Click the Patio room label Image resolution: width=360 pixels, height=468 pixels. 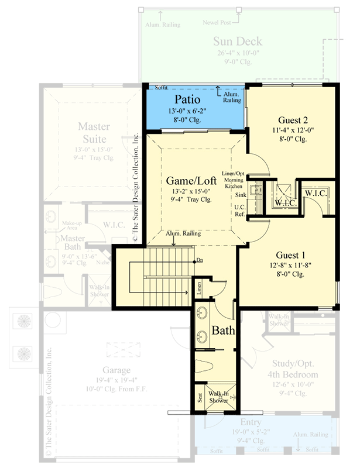pyautogui.click(x=184, y=100)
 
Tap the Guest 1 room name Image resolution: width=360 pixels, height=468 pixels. pyautogui.click(x=290, y=255)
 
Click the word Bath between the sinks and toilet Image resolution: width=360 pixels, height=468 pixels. pyautogui.click(x=223, y=331)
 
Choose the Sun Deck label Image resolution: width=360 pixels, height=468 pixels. pyautogui.click(x=237, y=42)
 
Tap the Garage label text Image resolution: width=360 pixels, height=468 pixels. pyautogui.click(x=115, y=370)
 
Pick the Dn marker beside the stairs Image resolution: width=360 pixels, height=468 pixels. pyautogui.click(x=200, y=260)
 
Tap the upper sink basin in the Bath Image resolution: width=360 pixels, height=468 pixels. pyautogui.click(x=203, y=311)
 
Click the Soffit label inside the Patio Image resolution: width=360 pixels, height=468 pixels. pyautogui.click(x=160, y=87)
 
